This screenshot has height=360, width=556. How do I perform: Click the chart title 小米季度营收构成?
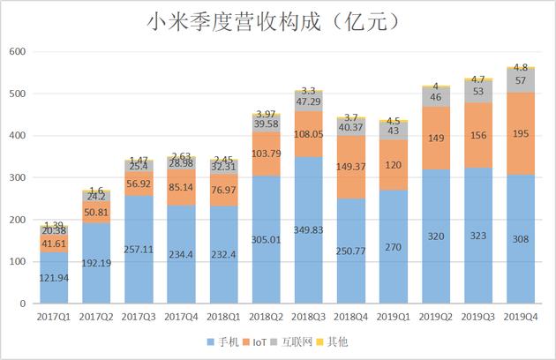(x=277, y=20)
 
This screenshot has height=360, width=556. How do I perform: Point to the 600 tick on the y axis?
(x=17, y=52)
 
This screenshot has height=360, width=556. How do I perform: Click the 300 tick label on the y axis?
(x=17, y=178)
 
